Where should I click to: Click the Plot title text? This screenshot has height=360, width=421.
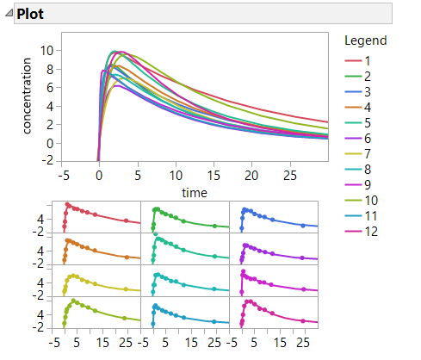point(31,14)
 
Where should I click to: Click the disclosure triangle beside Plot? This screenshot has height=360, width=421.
point(9,15)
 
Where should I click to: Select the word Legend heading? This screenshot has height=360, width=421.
point(365,40)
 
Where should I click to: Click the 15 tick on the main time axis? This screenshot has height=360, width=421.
point(214,176)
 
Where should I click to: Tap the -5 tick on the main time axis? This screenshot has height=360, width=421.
point(62,176)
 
